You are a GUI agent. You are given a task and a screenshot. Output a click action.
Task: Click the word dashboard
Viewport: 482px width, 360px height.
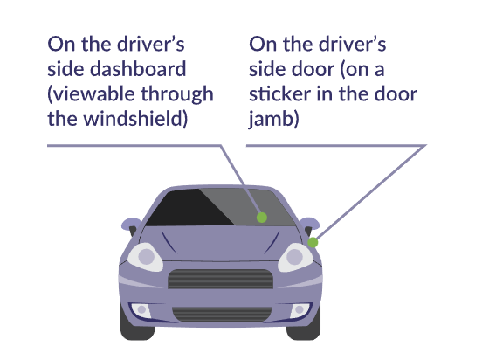[138, 69]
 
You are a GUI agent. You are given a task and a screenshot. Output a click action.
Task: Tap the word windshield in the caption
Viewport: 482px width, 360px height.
[135, 119]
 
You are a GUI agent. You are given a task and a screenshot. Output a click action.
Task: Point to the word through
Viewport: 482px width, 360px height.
[177, 94]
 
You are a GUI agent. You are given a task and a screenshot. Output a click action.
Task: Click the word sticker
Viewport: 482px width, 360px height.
[279, 93]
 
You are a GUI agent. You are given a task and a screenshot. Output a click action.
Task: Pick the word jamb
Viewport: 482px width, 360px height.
[273, 120]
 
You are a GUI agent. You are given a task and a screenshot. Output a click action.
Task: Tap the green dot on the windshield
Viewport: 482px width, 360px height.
[262, 218]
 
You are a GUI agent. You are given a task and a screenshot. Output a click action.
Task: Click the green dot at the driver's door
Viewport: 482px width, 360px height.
[313, 242]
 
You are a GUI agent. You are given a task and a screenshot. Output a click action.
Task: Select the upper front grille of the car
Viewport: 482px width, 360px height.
[220, 279]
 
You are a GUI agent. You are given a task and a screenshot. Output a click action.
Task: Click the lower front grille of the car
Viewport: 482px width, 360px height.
[222, 315]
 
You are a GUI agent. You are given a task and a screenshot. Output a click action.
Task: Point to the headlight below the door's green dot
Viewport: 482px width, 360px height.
[295, 258]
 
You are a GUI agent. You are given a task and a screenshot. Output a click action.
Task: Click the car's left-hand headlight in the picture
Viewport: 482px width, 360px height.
[146, 257]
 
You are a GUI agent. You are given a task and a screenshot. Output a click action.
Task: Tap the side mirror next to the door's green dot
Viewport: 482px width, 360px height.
[310, 225]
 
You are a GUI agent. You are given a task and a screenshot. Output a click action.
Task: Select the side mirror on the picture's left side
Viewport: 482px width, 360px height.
[131, 225]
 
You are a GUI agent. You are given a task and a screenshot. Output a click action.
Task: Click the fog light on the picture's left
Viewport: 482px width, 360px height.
[141, 310]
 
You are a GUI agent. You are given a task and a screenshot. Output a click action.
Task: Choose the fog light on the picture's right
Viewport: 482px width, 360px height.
[300, 310]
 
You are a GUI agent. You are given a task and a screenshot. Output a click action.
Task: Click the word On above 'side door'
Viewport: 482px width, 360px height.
[263, 44]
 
